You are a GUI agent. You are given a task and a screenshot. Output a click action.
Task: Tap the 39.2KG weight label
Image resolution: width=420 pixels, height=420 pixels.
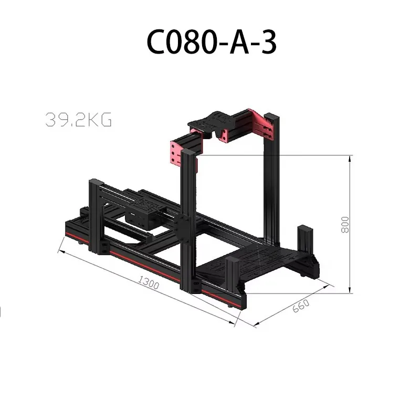tap(78, 120)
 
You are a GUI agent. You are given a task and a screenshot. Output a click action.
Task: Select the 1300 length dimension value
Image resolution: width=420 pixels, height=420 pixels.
tap(149, 282)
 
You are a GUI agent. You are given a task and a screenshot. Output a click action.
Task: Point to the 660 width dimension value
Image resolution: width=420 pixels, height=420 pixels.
tap(301, 306)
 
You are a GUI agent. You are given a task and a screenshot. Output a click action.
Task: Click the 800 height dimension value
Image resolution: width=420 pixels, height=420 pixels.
tap(345, 225)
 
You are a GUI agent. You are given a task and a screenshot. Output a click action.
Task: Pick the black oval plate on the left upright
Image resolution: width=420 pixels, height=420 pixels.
tap(182, 229)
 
